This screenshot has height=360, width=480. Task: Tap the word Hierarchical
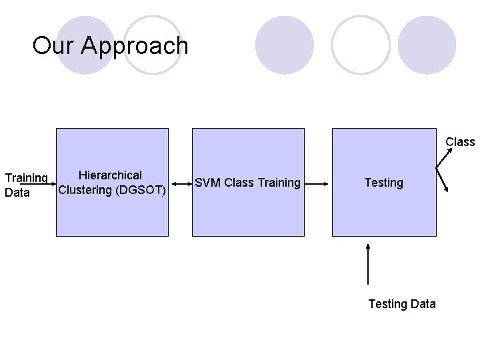coord(110,175)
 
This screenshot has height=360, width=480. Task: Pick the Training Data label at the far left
coord(25,185)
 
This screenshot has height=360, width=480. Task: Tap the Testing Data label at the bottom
coord(402,304)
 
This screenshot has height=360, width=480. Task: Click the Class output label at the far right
coord(460,142)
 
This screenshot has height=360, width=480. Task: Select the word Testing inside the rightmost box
coord(383,183)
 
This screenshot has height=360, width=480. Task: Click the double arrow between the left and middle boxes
coord(180,181)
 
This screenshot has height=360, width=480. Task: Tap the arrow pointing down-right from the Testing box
coord(443,181)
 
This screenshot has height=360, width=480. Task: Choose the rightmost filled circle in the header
coord(427,45)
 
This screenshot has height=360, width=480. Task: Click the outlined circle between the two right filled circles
coord(361,45)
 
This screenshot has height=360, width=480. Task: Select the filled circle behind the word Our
coord(85,45)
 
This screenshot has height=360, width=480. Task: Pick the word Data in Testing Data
coord(422,304)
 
